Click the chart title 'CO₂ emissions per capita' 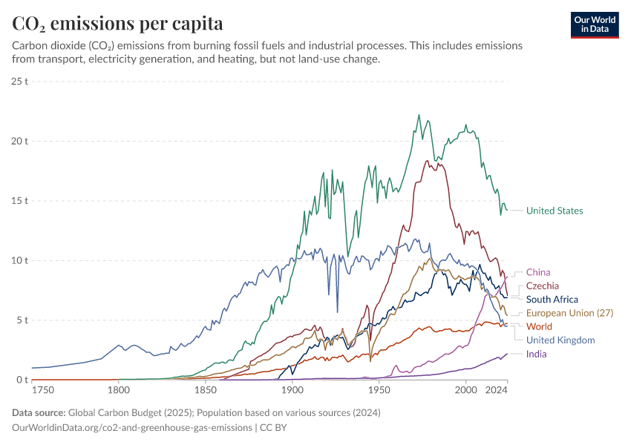pyautogui.click(x=117, y=24)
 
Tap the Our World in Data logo pyautogui.click(x=595, y=24)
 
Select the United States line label pyautogui.click(x=555, y=211)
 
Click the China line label pyautogui.click(x=538, y=272)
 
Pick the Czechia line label pyautogui.click(x=543, y=286)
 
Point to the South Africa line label pyautogui.click(x=552, y=300)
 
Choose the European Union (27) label pyautogui.click(x=569, y=313)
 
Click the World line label pyautogui.click(x=539, y=326)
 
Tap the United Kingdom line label pyautogui.click(x=560, y=340)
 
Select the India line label pyautogui.click(x=536, y=354)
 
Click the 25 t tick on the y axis pyautogui.click(x=19, y=81)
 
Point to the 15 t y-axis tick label pyautogui.click(x=19, y=201)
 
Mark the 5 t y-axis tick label pyautogui.click(x=22, y=320)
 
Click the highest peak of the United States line pyautogui.click(x=419, y=115)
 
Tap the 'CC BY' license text pyautogui.click(x=273, y=428)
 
